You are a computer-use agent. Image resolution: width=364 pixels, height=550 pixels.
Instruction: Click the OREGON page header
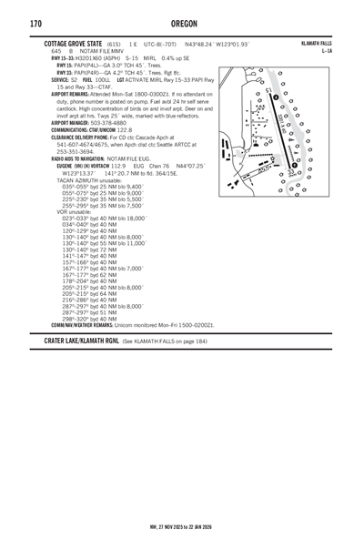click(x=181, y=23)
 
